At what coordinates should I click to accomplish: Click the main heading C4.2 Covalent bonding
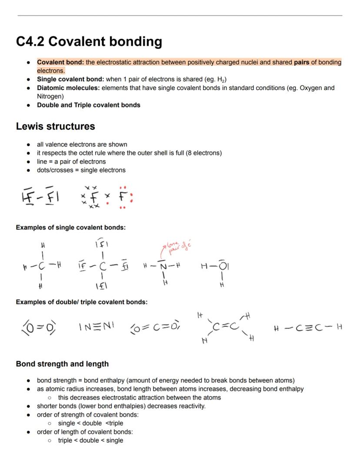pos(89,42)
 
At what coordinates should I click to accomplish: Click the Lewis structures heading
pos(55,127)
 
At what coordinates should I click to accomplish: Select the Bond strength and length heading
pos(62,364)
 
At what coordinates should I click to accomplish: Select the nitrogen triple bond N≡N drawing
pos(96,326)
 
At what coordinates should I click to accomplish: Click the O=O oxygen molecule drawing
pos(39,327)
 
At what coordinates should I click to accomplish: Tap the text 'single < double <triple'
pos(90,423)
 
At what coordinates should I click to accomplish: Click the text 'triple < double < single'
pos(90,440)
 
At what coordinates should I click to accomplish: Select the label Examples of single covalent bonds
pos(70,228)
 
